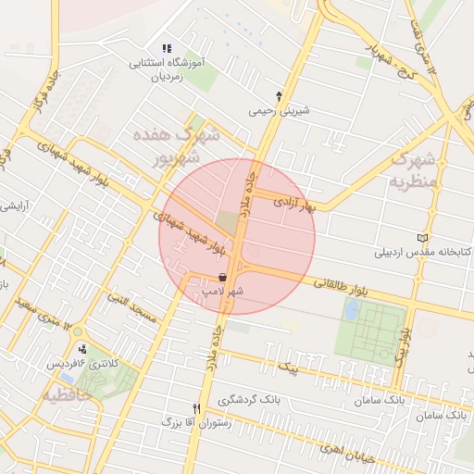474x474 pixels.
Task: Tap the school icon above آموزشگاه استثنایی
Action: [x=167, y=49]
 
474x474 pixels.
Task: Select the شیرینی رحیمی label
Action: [x=279, y=111]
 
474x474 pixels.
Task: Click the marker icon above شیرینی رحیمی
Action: [x=279, y=95]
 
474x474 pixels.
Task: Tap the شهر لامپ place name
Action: [x=223, y=292]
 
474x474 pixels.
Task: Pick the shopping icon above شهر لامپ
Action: [x=222, y=277]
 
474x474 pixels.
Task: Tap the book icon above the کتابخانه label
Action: [x=423, y=238]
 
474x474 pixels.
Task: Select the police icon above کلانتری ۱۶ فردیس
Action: [x=84, y=349]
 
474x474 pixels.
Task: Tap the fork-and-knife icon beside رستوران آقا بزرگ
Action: [x=195, y=408]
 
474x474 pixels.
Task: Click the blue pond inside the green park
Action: [x=351, y=310]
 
